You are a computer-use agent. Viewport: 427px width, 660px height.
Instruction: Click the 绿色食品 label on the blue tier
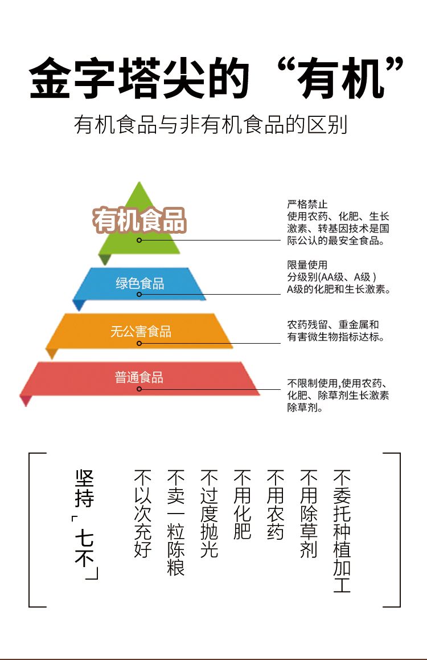click(140, 283)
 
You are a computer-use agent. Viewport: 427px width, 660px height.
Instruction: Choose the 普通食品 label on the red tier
click(139, 377)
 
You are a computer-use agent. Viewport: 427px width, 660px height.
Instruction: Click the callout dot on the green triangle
click(139, 241)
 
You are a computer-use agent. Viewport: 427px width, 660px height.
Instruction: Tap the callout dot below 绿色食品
click(139, 295)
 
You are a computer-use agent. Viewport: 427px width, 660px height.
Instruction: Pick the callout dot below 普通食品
click(139, 389)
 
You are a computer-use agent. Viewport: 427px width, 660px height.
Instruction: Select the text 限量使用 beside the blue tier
click(307, 265)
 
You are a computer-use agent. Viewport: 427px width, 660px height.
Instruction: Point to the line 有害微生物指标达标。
click(336, 337)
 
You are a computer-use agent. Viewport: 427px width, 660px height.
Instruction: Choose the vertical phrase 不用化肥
click(243, 505)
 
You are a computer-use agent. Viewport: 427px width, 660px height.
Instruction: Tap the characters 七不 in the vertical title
click(84, 550)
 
